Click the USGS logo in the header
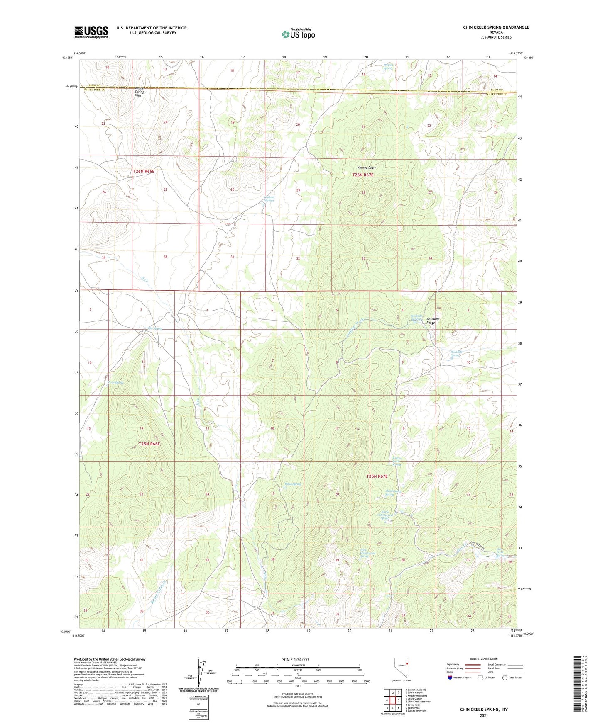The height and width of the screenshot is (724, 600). point(91,32)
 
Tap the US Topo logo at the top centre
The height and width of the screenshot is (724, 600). point(298,34)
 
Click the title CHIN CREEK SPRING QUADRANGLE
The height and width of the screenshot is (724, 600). point(496,27)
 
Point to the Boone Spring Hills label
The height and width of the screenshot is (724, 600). point(138,92)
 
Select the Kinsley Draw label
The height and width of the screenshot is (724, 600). point(366,168)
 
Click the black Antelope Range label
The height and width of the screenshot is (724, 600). point(433,321)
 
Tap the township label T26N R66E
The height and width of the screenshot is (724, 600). point(144,171)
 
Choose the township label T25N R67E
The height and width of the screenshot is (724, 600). point(377,476)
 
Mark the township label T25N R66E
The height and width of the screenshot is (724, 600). point(149,444)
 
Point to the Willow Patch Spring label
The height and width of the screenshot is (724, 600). point(397,461)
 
